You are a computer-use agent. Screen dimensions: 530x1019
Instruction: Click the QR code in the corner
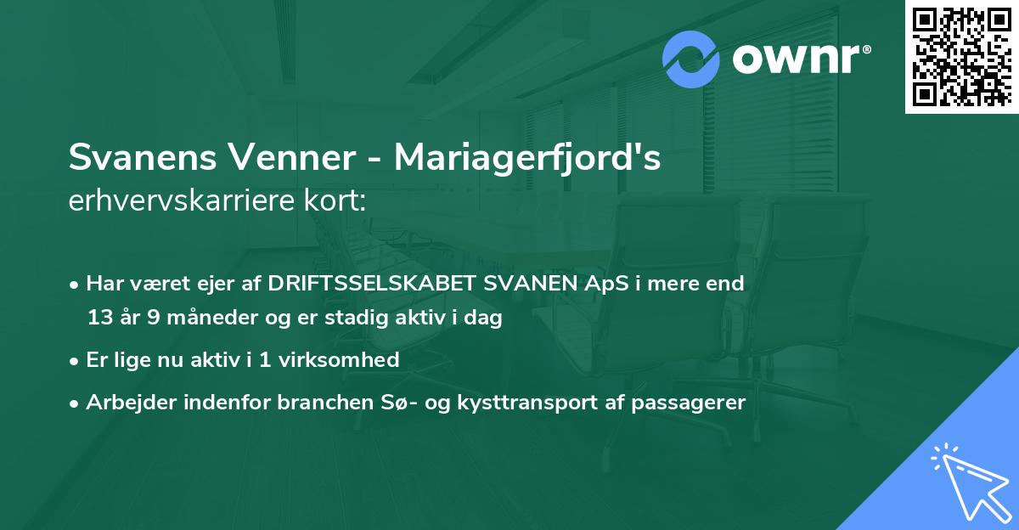tap(961, 57)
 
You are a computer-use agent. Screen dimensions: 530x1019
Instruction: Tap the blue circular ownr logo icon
tap(691, 59)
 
